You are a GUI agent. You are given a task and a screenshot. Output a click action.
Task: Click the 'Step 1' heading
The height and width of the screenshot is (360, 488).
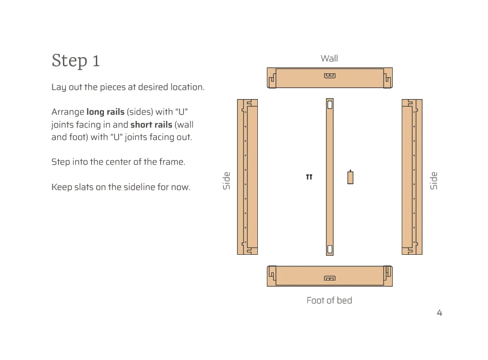coord(76,61)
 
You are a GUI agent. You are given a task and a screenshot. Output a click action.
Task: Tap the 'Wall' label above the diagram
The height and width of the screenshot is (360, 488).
coord(329,59)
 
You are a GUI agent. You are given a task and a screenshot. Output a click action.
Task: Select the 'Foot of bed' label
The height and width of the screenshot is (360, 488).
coord(329,300)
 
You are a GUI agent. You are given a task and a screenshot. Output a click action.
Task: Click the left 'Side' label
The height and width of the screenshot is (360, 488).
coord(227,180)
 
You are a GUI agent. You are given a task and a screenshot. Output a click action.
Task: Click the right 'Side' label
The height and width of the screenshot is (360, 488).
coord(433,180)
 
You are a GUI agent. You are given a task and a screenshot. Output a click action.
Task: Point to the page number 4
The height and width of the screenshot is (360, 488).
coord(439,313)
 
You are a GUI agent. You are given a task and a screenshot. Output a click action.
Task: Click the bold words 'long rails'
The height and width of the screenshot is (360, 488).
coord(105,112)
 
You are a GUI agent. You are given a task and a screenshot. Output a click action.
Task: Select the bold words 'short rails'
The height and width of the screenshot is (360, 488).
coord(151,125)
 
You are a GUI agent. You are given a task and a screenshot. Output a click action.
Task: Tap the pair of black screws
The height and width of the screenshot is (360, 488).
coord(309,177)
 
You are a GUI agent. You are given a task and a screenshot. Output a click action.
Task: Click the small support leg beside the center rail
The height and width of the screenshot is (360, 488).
coord(350,177)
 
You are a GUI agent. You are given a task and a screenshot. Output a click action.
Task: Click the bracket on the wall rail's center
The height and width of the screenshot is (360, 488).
coord(330,75)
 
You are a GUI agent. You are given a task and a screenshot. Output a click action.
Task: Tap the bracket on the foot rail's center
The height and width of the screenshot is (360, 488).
coord(330,278)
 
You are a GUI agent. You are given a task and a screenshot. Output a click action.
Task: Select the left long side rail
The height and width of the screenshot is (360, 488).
coord(247,177)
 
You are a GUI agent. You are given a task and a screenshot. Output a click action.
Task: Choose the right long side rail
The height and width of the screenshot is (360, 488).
coord(412,177)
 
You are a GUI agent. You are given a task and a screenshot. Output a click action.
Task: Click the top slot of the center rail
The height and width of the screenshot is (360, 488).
coord(330,104)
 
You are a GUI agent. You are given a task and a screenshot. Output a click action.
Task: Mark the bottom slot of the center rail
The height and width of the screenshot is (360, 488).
coord(330,249)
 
